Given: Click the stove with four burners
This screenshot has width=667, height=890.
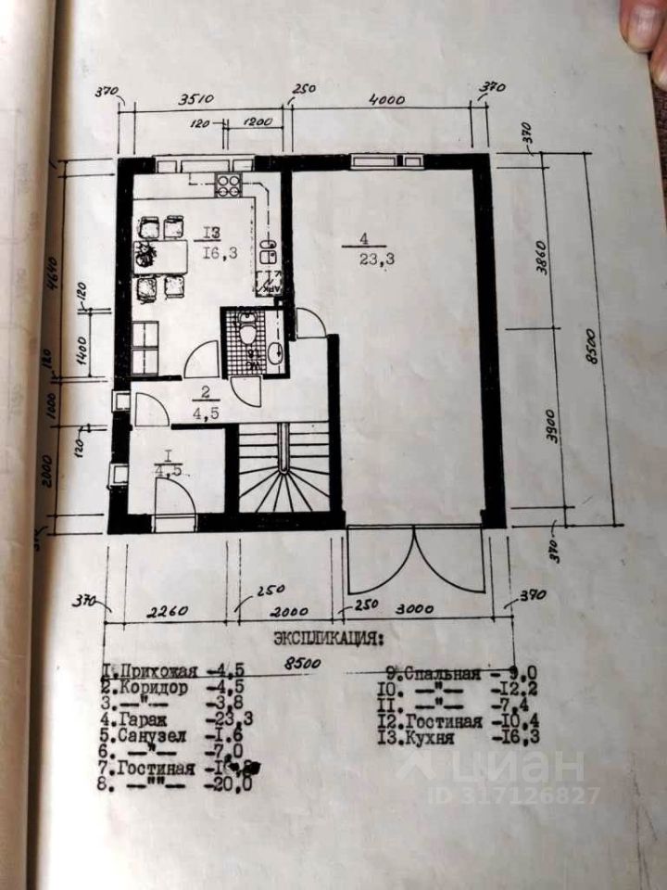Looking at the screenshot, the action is tap(229, 185).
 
